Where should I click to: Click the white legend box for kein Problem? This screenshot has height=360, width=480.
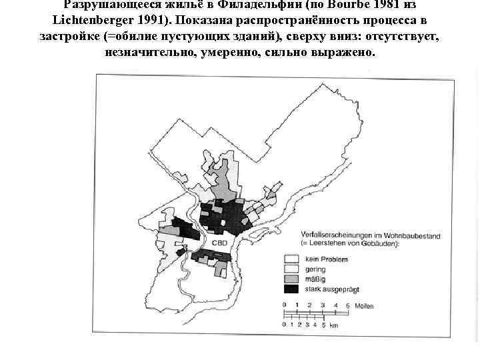291,259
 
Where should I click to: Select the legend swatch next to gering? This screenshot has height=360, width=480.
291,269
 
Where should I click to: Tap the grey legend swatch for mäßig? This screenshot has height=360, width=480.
291,279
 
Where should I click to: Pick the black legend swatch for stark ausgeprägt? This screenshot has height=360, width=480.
291,289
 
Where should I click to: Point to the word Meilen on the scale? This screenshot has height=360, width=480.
364,305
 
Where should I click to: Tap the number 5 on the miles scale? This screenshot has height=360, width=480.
348,305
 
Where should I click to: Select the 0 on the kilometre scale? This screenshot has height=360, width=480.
285,326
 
